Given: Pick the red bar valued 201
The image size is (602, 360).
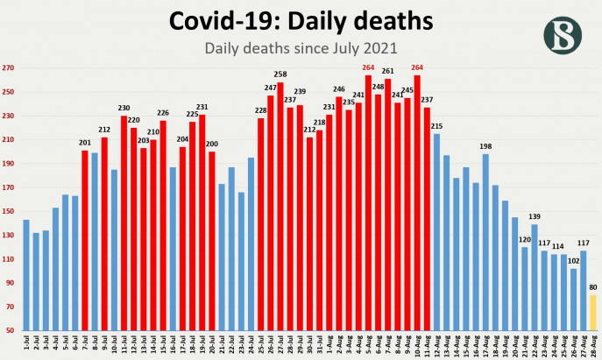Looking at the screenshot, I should [85, 241].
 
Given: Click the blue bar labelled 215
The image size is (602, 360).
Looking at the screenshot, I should [436, 232].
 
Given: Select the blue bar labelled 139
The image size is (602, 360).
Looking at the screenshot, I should [535, 278].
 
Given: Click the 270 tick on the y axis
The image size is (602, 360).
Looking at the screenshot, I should [9, 68].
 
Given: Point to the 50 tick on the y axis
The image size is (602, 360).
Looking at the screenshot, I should [9, 331].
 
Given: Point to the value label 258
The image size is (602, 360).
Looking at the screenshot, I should [280, 77].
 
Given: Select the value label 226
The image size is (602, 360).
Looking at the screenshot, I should [163, 112].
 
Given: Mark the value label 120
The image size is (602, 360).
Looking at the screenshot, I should [525, 239].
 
